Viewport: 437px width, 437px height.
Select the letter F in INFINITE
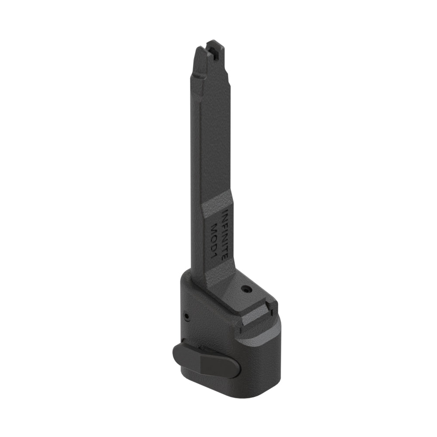pos(225,223)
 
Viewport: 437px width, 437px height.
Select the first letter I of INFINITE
pos(224,212)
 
